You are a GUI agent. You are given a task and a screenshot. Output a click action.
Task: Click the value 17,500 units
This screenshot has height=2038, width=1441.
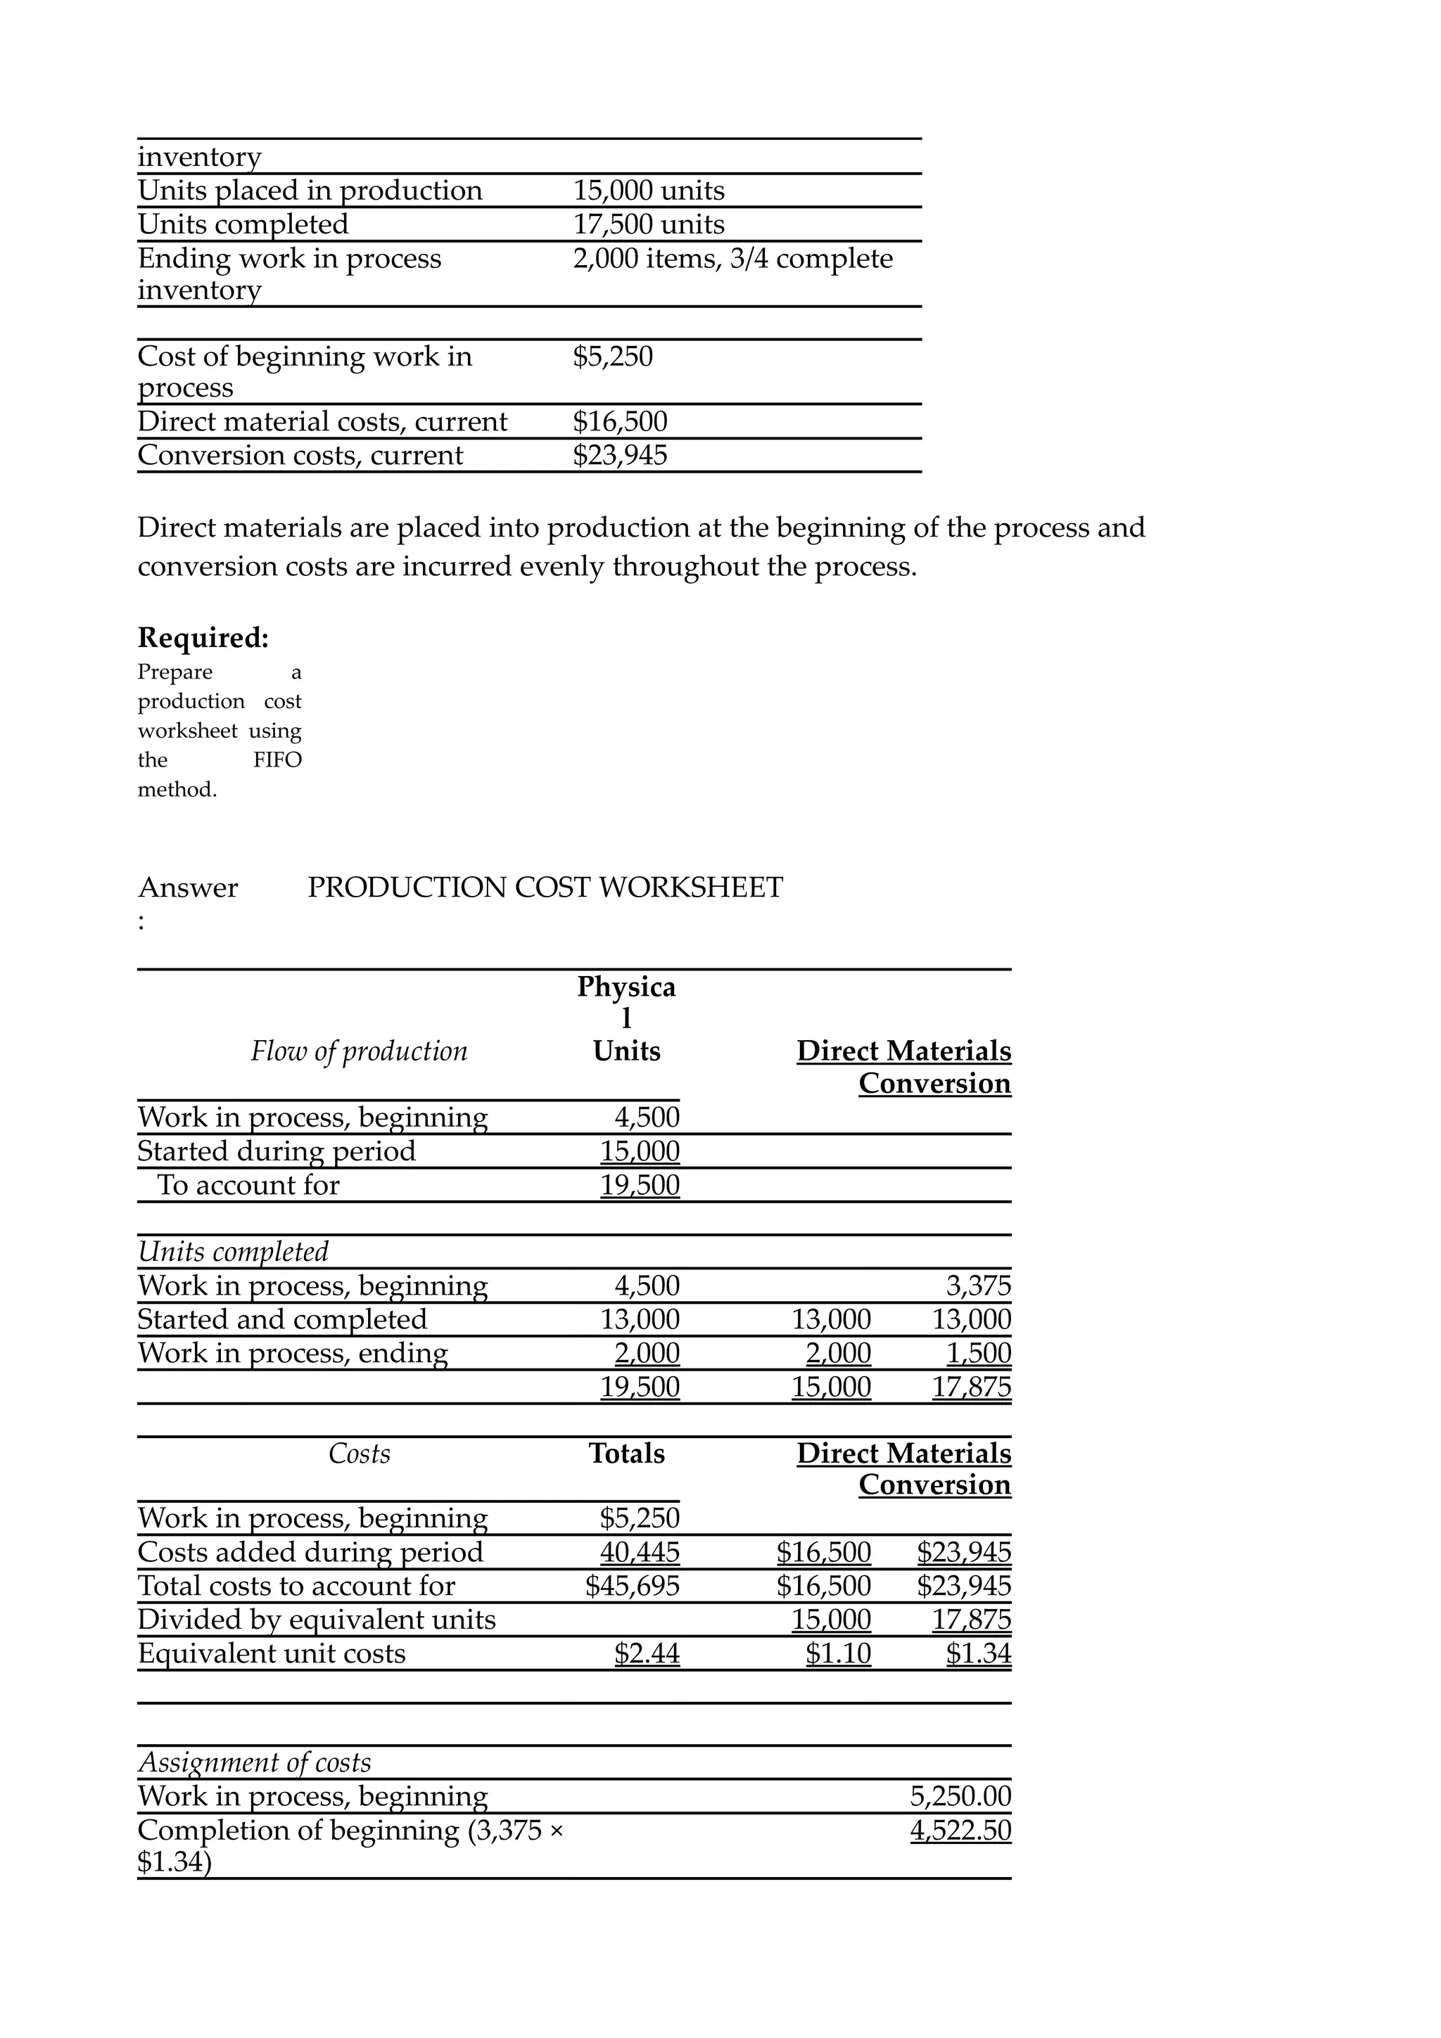click(x=648, y=224)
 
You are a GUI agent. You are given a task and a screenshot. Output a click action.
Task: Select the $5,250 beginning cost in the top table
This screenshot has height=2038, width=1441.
click(x=613, y=357)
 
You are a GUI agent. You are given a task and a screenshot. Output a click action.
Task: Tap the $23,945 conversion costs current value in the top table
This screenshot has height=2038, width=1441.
click(x=620, y=456)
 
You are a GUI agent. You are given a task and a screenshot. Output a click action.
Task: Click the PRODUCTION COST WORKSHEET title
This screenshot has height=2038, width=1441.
click(x=545, y=887)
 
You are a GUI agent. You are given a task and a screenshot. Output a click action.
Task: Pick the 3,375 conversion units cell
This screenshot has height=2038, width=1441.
click(x=979, y=1286)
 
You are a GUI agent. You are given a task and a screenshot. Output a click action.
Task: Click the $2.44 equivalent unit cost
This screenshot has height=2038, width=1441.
click(x=647, y=1653)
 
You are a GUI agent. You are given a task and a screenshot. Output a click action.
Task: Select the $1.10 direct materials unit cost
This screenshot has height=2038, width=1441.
click(x=838, y=1653)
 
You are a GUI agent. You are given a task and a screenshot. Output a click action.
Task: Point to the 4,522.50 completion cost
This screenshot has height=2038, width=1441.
click(x=960, y=1831)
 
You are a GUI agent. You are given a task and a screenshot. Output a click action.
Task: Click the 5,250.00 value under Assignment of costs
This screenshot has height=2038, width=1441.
click(x=960, y=1797)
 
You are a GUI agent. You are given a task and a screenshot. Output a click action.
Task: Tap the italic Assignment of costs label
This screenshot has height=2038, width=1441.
click(x=254, y=1763)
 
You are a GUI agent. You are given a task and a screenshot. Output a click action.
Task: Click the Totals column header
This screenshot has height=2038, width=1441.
click(x=627, y=1454)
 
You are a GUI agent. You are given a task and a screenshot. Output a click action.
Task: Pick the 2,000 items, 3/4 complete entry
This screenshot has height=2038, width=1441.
click(x=732, y=258)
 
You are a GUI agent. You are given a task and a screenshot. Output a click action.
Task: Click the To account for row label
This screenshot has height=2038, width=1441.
click(x=248, y=1185)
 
